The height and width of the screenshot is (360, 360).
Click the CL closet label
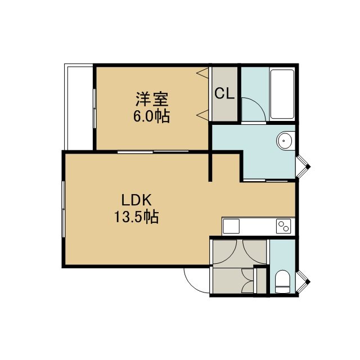224,93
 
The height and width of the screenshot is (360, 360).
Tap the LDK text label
136,200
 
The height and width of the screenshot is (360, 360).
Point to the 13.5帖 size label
136,217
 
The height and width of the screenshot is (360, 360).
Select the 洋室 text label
152,99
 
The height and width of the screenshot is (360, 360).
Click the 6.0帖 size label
152,116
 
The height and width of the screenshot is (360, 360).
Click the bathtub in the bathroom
282,94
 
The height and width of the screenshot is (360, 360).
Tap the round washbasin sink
285,141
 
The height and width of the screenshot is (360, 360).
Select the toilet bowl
282,281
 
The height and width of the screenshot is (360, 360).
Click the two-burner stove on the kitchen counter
283,226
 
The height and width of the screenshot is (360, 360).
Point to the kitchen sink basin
231,226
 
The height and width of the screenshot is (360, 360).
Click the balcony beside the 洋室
79,107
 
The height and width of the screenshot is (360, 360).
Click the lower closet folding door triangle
202,115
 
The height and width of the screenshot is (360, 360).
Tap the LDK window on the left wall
63,209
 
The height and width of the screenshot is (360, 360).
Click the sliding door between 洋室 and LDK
153,151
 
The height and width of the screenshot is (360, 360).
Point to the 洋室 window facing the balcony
94,109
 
